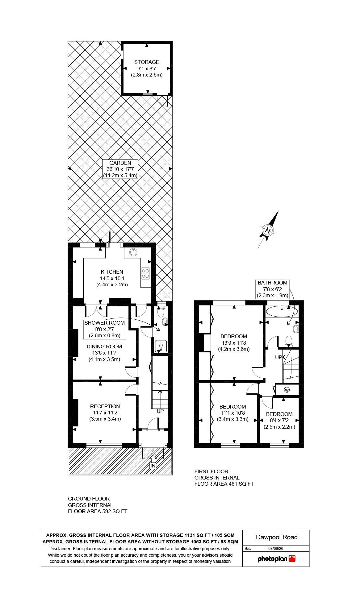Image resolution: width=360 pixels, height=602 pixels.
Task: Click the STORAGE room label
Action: point(147,68)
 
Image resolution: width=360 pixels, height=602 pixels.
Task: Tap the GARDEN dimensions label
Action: point(120,169)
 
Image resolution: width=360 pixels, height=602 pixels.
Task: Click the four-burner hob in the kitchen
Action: point(145,273)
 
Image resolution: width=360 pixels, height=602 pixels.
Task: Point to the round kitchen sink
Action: point(133,252)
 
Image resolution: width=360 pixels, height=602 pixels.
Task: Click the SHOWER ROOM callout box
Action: point(105,329)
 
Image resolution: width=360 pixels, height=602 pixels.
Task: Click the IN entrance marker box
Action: point(153,466)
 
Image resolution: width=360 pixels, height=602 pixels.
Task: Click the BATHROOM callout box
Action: point(272,289)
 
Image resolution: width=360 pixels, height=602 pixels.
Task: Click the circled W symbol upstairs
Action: point(287,390)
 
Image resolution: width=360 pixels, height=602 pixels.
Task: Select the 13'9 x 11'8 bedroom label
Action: point(234,343)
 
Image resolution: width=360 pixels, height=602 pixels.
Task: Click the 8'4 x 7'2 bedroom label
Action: point(279,420)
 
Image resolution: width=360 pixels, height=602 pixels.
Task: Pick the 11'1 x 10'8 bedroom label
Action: point(233,413)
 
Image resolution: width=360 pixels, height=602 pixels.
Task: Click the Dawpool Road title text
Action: point(277,537)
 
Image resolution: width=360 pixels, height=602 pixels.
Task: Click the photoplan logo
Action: point(276,558)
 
